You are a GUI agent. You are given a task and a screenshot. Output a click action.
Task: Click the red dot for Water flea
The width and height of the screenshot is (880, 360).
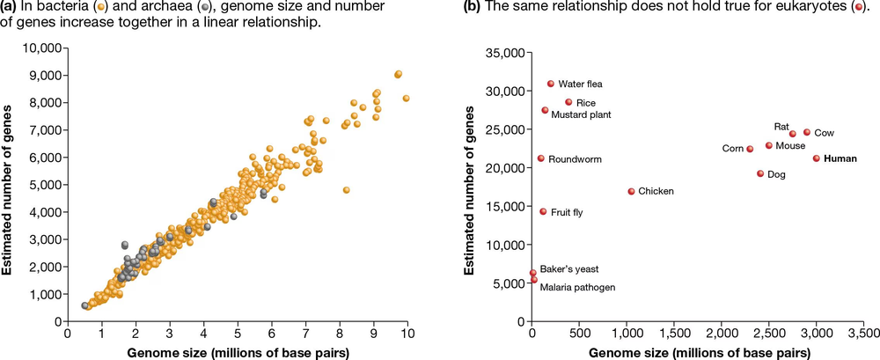(x=551, y=84)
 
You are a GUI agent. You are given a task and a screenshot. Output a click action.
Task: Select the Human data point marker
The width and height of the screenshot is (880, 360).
(x=817, y=158)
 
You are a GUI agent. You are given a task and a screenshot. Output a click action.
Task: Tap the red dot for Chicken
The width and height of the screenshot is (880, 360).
(x=631, y=191)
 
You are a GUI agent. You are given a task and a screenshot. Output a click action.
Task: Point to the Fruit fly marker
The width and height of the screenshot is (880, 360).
(x=543, y=211)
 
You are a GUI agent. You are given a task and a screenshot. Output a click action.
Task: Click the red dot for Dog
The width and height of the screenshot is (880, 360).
(x=760, y=173)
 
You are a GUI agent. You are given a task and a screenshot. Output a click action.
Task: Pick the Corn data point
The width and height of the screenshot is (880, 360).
(x=750, y=149)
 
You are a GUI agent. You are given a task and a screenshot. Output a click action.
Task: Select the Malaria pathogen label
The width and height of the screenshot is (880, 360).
(x=577, y=287)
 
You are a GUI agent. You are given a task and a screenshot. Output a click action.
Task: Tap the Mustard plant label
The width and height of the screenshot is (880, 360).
(x=582, y=114)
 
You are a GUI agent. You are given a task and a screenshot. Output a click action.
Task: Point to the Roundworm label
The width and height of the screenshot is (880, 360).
(x=575, y=159)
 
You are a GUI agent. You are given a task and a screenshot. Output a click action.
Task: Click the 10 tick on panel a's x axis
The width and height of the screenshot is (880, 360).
(x=407, y=334)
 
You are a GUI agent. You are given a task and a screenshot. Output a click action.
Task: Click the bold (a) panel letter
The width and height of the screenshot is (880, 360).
(x=11, y=7)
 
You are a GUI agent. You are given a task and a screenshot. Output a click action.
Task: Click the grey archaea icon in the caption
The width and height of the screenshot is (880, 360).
(x=205, y=8)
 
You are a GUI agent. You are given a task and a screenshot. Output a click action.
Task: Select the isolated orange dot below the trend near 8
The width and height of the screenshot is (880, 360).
(x=347, y=189)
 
